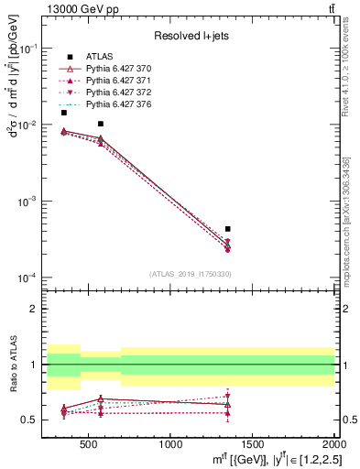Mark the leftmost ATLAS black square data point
[x=63, y=113]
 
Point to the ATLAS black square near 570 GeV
[x=101, y=124]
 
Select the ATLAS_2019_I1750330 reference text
[x=190, y=273]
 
